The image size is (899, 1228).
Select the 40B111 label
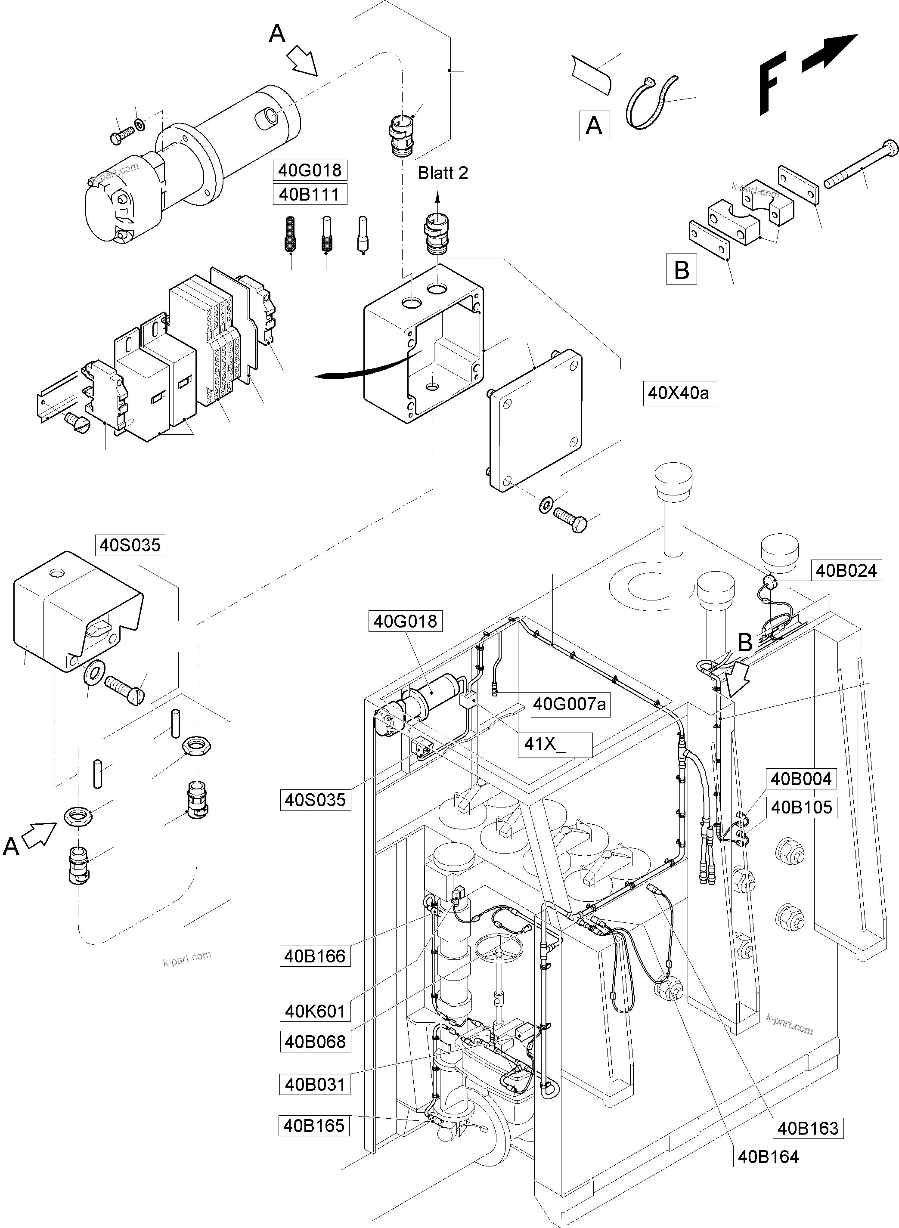[309, 194]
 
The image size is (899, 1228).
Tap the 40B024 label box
[846, 571]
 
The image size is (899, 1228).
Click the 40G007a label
[569, 704]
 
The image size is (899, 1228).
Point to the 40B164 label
[768, 1156]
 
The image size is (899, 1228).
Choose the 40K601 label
[315, 1011]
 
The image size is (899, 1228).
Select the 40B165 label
[314, 1126]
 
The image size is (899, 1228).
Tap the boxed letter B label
[681, 270]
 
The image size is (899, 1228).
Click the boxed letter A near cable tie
[594, 126]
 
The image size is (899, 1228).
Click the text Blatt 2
[443, 173]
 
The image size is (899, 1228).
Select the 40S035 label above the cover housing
[130, 545]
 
